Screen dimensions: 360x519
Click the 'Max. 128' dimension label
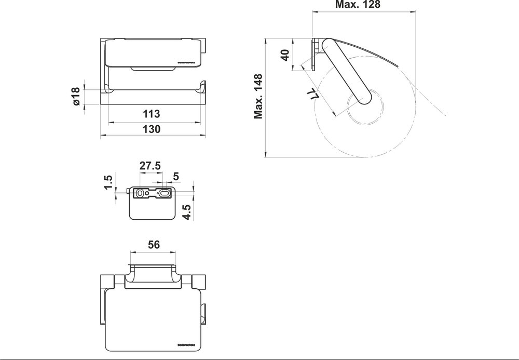(358, 5)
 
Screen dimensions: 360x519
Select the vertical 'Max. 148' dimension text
(258, 97)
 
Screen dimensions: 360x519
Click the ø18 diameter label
(76, 97)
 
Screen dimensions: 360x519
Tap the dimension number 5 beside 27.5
(175, 177)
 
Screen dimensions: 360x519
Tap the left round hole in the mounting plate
(139, 193)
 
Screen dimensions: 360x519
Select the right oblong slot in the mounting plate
(165, 193)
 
